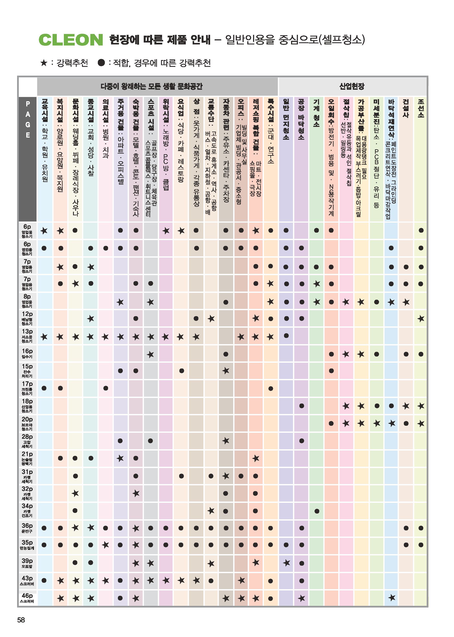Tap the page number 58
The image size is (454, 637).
21,620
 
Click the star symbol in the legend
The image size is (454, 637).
44,63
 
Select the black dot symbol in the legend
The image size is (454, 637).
101,63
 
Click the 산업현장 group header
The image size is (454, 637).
352,86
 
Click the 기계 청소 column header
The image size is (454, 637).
316,113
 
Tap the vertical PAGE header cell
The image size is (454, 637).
28,159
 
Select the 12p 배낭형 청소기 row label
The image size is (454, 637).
27,318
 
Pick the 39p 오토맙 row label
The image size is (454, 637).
27,563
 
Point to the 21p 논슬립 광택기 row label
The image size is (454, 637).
27,458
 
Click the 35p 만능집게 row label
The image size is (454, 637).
27,545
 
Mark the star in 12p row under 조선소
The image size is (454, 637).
421,318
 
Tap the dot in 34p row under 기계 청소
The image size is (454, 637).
317,511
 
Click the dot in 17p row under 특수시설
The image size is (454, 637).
271,388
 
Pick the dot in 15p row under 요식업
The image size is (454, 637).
182,371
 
